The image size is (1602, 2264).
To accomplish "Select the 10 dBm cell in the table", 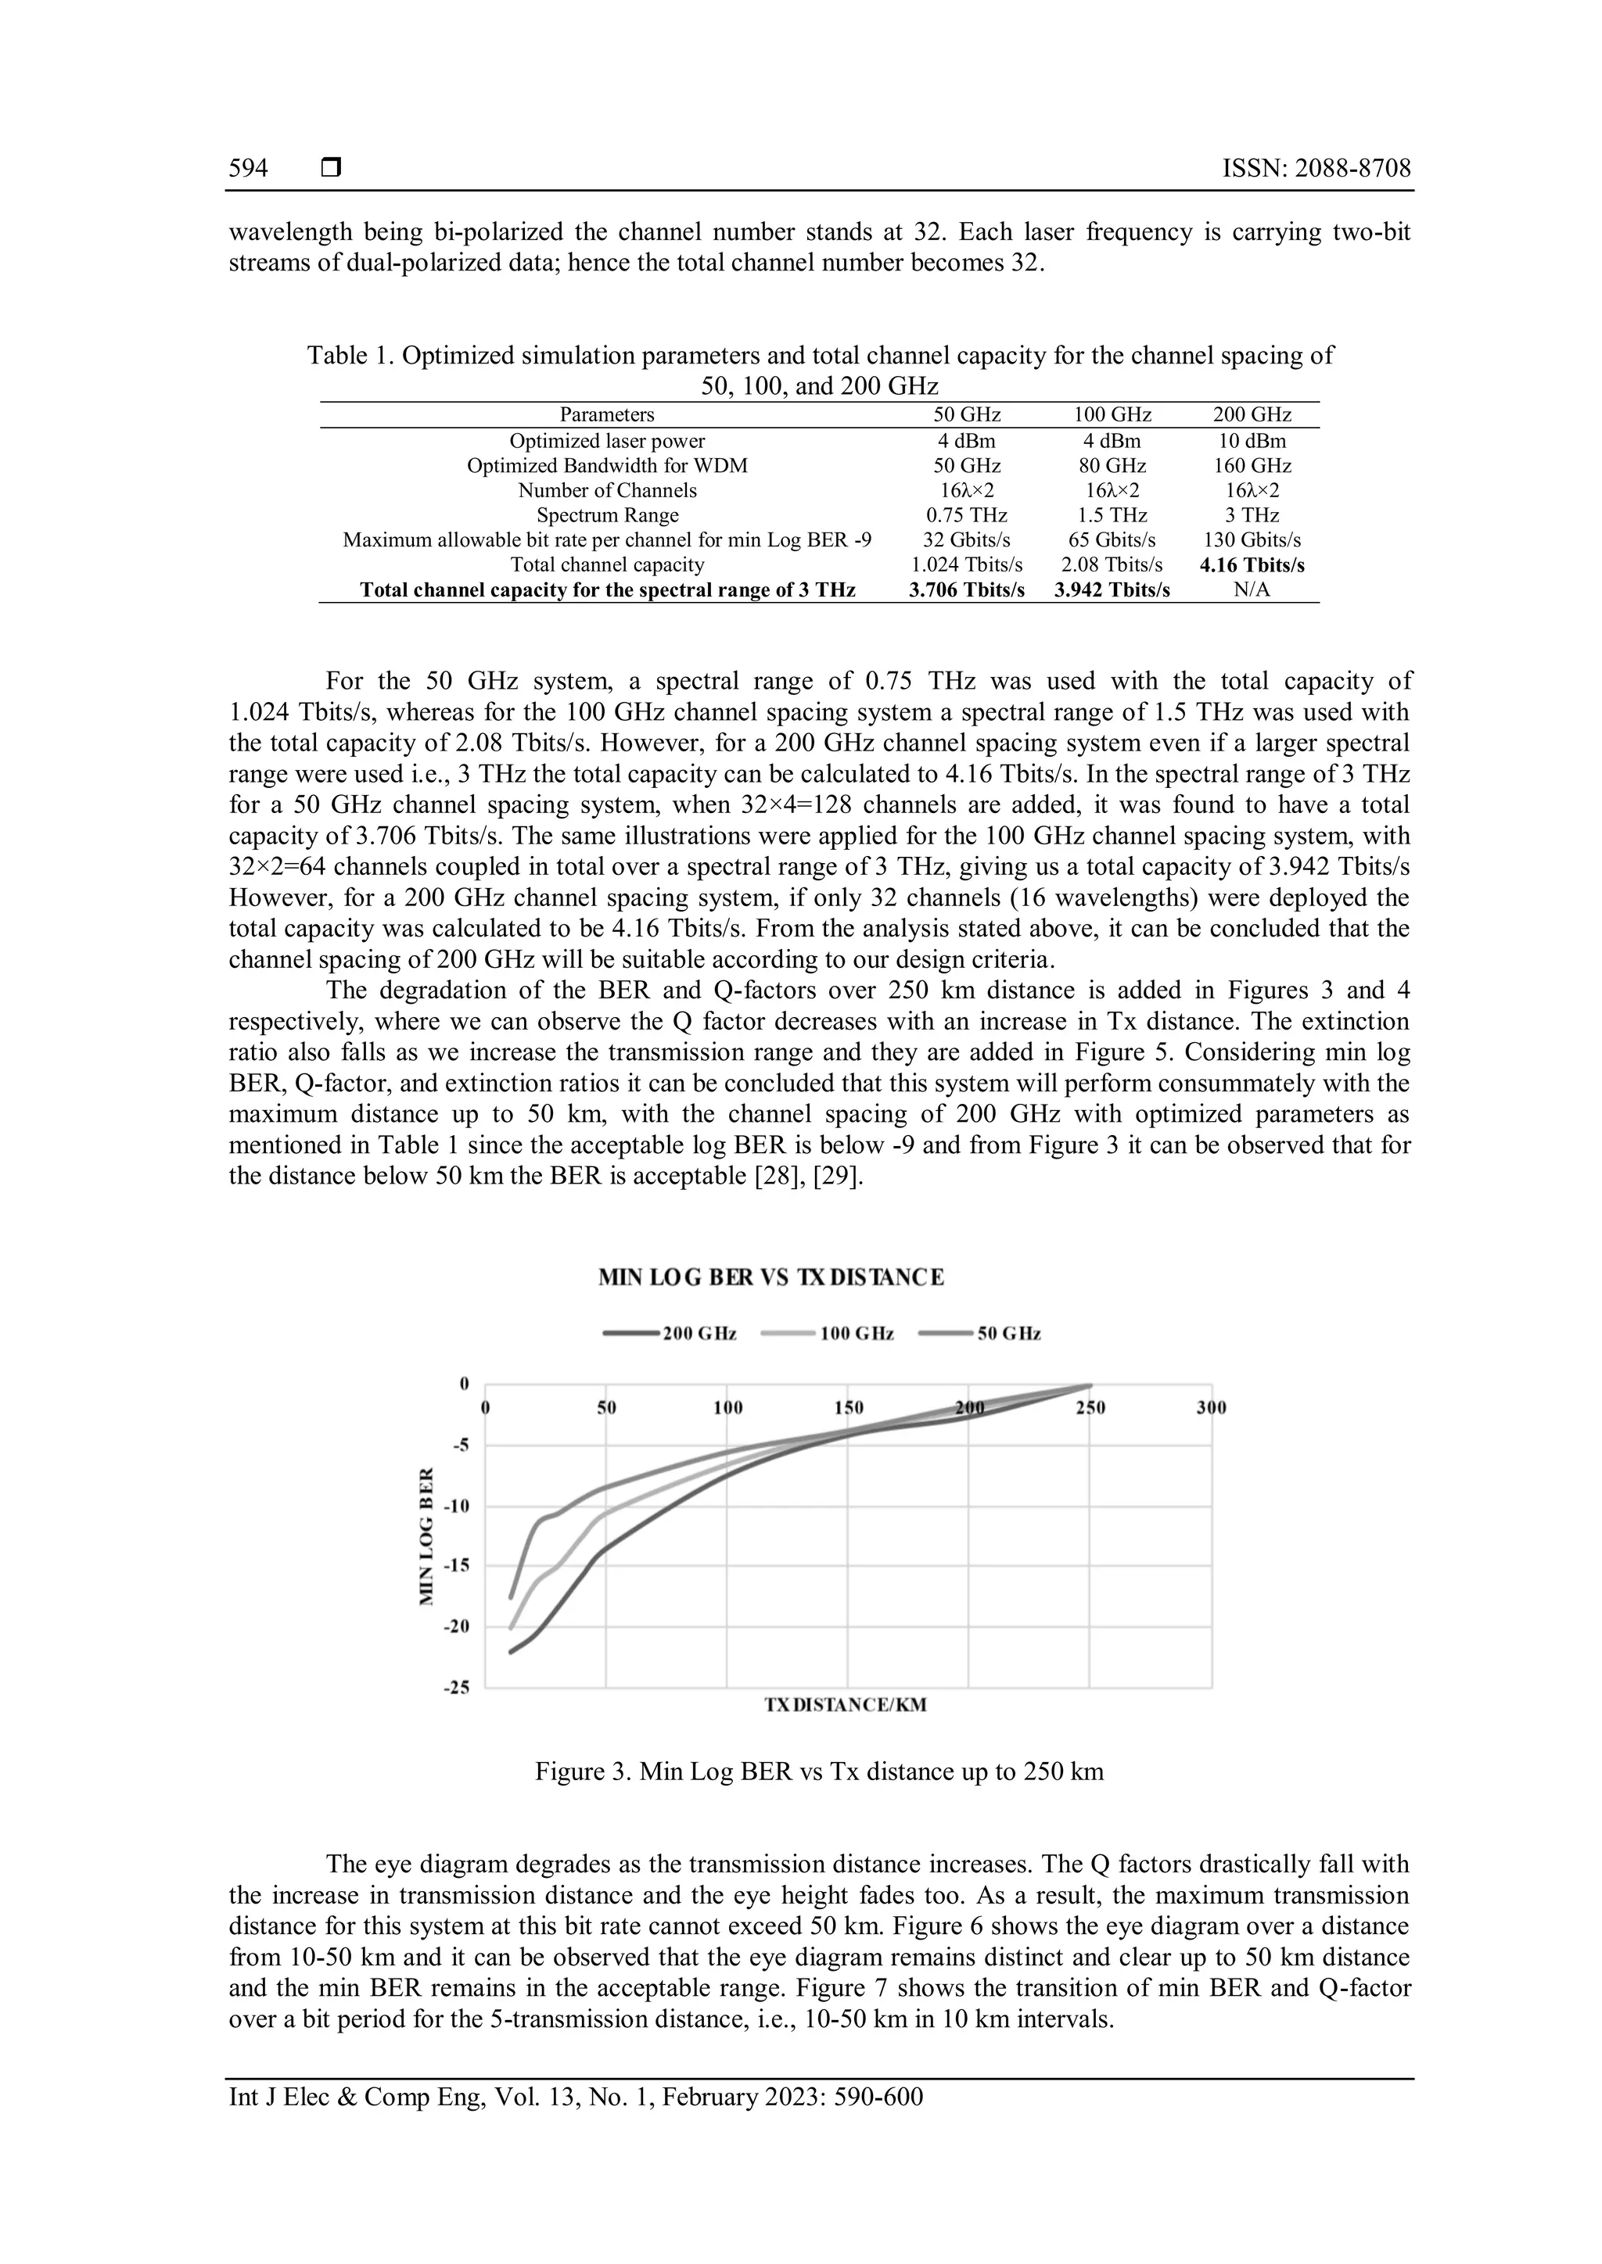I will (x=1251, y=441).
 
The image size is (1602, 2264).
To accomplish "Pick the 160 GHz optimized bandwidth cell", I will (x=1251, y=465).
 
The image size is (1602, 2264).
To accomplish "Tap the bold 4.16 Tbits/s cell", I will (x=1251, y=565).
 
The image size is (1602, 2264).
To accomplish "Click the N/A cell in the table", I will (x=1251, y=589).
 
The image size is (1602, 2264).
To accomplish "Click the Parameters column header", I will (x=607, y=415).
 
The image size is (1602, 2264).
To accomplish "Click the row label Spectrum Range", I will (x=607, y=514).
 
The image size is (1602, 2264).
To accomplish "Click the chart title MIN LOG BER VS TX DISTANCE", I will (x=770, y=1277).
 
